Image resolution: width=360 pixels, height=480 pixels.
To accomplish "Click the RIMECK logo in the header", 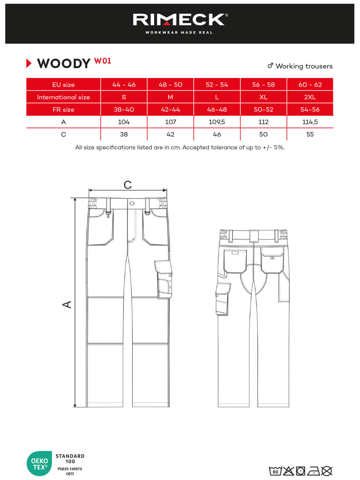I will pyautogui.click(x=180, y=20).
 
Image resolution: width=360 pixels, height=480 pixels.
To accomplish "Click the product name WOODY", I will pyautogui.click(x=64, y=64).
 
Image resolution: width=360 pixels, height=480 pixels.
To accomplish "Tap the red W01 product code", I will pyautogui.click(x=103, y=61).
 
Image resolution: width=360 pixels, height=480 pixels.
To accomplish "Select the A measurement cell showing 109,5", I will pyautogui.click(x=217, y=122).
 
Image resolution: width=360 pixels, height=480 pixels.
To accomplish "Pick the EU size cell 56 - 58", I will pyautogui.click(x=263, y=85).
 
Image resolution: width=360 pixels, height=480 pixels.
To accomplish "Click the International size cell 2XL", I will pyautogui.click(x=310, y=97).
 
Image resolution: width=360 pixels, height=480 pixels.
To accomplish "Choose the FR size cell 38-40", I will pyautogui.click(x=124, y=109).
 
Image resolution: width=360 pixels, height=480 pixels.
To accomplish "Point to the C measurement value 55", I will pyautogui.click(x=310, y=134).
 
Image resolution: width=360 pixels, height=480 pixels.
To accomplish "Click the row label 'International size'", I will pyautogui.click(x=63, y=97).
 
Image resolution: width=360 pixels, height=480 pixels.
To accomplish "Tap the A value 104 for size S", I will pyautogui.click(x=124, y=122).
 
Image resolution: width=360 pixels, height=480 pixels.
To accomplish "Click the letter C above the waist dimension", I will pyautogui.click(x=128, y=185).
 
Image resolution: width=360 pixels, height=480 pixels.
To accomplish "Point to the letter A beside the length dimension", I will pyautogui.click(x=67, y=304).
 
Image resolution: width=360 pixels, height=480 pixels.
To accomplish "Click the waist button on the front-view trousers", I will pyautogui.click(x=132, y=204).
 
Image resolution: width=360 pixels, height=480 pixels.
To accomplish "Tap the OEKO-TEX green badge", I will pyautogui.click(x=39, y=463).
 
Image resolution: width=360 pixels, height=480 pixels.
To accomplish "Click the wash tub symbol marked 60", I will pyautogui.click(x=275, y=471).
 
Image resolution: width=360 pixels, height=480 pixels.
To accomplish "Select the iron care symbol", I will pyautogui.click(x=313, y=471).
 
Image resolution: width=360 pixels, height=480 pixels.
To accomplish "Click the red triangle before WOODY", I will pyautogui.click(x=29, y=64).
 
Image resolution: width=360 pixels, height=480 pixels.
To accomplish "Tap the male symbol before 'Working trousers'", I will pyautogui.click(x=270, y=66).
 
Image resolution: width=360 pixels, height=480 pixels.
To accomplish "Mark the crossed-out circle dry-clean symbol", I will pyautogui.click(x=327, y=471).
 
